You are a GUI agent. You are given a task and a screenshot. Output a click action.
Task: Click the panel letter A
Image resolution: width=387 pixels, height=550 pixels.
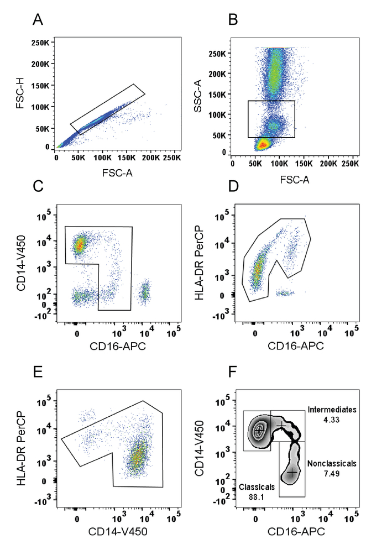coord(38,20)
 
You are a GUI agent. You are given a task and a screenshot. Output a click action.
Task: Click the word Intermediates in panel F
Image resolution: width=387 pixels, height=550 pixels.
coord(332,410)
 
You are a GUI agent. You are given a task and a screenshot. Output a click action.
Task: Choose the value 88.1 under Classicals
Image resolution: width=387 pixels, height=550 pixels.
coord(253,496)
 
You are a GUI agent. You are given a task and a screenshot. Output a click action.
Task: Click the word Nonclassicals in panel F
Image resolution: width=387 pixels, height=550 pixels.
coord(332,463)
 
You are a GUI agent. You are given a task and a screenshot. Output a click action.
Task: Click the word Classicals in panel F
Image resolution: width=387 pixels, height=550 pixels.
coord(253,487)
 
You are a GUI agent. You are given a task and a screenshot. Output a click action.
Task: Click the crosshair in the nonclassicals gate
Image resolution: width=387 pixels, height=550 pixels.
coord(291,473)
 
